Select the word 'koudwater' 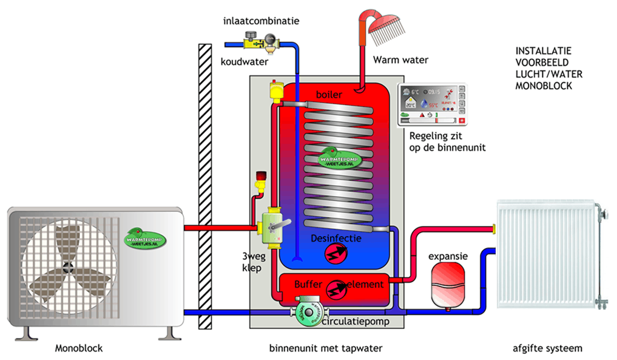point(244,61)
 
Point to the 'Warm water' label point(400,59)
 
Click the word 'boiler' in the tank point(329,95)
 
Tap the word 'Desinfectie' point(336,238)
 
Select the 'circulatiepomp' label point(355,322)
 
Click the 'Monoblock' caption point(79,348)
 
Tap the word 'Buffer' point(309,284)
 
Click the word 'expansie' point(448,256)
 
